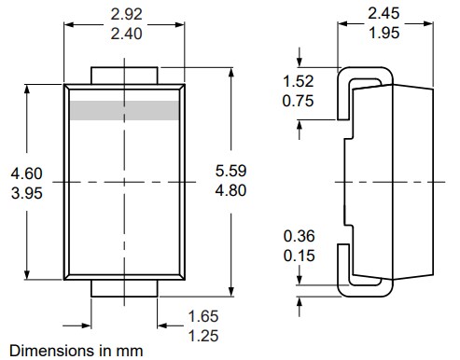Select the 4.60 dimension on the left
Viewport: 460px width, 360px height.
coord(26,173)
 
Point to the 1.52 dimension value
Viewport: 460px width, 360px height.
coord(298,81)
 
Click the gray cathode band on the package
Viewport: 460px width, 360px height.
coord(124,110)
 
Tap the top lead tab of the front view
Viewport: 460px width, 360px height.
coord(124,75)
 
